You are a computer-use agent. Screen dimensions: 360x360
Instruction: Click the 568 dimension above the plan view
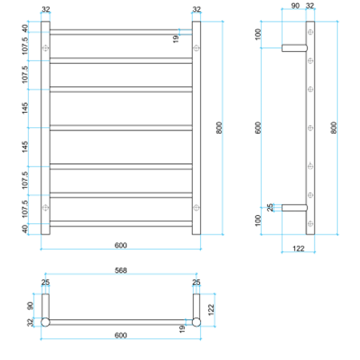coord(121,270)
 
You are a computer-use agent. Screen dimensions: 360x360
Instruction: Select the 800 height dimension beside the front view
coord(218,128)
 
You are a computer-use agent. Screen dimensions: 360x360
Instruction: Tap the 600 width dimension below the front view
coord(121,245)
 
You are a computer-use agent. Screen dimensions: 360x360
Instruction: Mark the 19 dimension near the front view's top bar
coord(175,37)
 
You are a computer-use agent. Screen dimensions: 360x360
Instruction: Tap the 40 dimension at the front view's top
coord(26,28)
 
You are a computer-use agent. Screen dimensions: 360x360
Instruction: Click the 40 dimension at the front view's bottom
coord(26,228)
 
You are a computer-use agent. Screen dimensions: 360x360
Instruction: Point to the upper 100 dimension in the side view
coord(258,35)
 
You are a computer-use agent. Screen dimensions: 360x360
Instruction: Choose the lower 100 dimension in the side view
coord(258,220)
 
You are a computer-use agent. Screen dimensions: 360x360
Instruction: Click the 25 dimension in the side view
coord(270,208)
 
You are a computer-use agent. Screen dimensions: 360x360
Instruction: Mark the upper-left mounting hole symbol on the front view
coord(46,49)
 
